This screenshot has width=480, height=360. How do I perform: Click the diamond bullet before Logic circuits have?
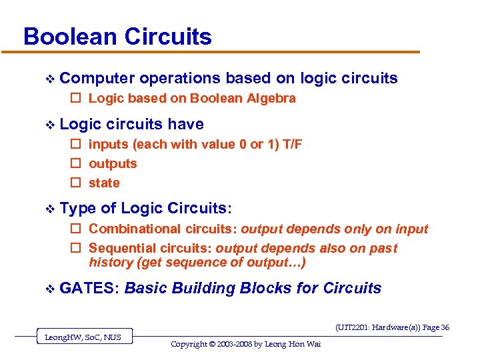point(47,125)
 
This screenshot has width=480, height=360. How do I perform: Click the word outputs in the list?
point(113,164)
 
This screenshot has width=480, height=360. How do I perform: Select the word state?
point(104,183)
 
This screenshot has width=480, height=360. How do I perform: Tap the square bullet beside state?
point(75,183)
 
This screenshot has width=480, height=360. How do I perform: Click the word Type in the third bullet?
point(77,209)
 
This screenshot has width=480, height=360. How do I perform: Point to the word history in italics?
point(111,262)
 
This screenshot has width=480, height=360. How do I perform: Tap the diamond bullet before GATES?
point(47,288)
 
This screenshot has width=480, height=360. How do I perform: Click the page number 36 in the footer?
point(445,327)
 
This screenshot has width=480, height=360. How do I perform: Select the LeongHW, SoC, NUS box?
point(83,337)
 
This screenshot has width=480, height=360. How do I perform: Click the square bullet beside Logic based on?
point(75,99)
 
